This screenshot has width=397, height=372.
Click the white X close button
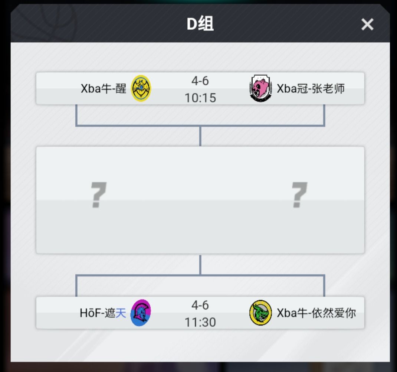pyautogui.click(x=367, y=25)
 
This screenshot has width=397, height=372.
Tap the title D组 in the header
pyautogui.click(x=200, y=24)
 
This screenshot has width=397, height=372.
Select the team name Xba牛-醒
pyautogui.click(x=103, y=89)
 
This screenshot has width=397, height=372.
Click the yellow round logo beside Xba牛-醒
pyautogui.click(x=141, y=88)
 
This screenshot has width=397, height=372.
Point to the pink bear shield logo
pyautogui.click(x=260, y=88)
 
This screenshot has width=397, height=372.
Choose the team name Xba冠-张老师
pyautogui.click(x=311, y=89)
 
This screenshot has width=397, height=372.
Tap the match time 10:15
pyautogui.click(x=200, y=98)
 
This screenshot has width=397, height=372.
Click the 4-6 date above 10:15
pyautogui.click(x=200, y=81)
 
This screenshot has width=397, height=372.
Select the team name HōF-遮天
pyautogui.click(x=103, y=313)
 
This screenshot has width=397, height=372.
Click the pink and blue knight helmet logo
pyautogui.click(x=141, y=313)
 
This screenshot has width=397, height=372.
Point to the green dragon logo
pyautogui.click(x=260, y=313)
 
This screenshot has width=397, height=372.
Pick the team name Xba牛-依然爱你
pyautogui.click(x=316, y=313)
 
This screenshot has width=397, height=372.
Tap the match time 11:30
pyautogui.click(x=200, y=322)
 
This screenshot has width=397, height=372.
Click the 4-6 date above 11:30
pyautogui.click(x=200, y=305)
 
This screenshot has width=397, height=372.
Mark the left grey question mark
pyautogui.click(x=98, y=195)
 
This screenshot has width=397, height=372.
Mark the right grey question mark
pyautogui.click(x=299, y=195)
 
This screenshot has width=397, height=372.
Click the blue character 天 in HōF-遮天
pyautogui.click(x=121, y=313)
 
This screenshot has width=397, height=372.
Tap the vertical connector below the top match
pyautogui.click(x=200, y=136)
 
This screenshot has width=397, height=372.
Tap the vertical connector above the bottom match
pyautogui.click(x=200, y=265)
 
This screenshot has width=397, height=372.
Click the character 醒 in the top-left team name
pyautogui.click(x=121, y=89)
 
